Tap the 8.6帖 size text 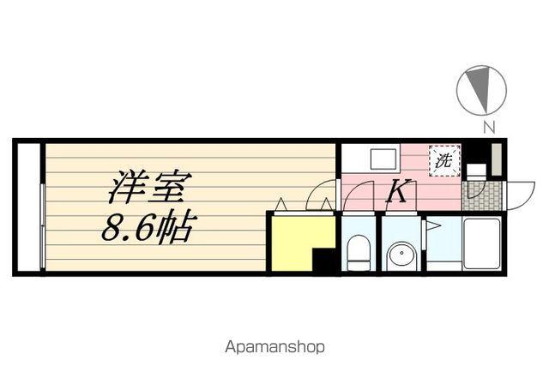149,227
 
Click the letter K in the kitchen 395,191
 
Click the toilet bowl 359,252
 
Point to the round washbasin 400,255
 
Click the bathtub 481,243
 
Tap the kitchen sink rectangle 383,159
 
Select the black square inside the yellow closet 323,261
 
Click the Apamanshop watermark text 274,347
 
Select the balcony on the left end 28,207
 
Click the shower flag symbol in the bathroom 434,228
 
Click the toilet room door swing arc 353,198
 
